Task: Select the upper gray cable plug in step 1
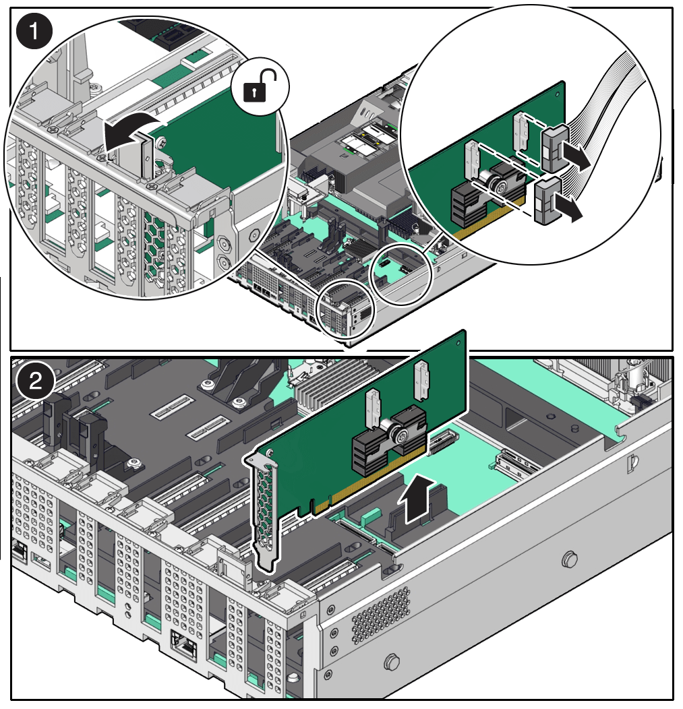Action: pos(552,148)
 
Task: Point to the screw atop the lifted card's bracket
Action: pos(269,453)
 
